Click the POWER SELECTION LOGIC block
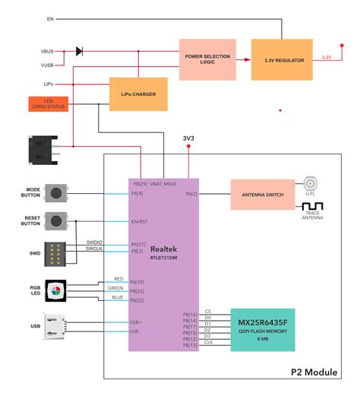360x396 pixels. (x=207, y=59)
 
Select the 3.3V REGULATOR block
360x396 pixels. (x=281, y=59)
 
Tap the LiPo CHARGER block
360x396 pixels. (x=138, y=95)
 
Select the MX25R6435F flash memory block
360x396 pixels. (x=262, y=329)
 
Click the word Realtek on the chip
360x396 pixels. (x=164, y=249)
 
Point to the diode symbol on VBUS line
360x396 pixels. (x=80, y=51)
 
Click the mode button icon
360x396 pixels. (x=55, y=193)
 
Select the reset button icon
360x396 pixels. (x=55, y=221)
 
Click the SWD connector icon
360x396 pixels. (x=55, y=253)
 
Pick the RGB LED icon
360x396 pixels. (x=55, y=290)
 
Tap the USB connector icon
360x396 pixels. (x=55, y=326)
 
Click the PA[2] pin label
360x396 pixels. (x=191, y=195)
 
